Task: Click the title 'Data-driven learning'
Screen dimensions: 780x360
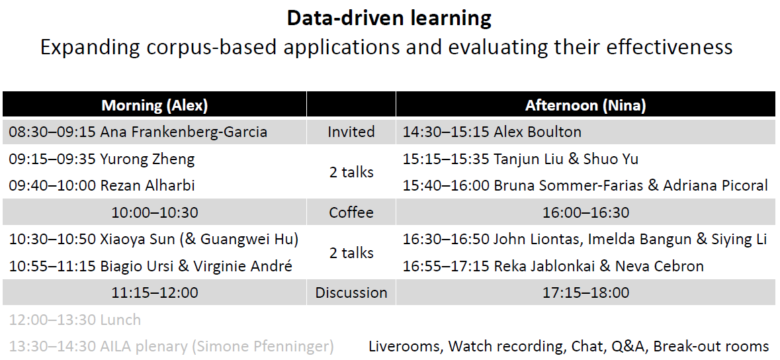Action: pos(389,19)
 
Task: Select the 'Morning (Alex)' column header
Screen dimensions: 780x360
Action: pos(155,105)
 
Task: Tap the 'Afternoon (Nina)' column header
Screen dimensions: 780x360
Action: pos(585,105)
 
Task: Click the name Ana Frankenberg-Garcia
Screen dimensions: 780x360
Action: pos(183,132)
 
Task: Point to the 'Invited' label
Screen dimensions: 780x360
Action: pos(351,132)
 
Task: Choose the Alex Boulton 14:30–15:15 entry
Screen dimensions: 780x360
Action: pos(492,132)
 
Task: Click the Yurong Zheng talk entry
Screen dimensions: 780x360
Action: pos(102,159)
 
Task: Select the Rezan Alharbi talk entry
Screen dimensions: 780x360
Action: pos(102,186)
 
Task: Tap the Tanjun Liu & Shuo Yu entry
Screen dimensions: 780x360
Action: pos(521,159)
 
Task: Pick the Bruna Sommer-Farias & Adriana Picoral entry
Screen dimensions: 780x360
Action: pos(585,186)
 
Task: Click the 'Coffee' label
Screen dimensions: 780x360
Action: pos(351,212)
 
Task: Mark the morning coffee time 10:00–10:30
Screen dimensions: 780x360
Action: pos(155,212)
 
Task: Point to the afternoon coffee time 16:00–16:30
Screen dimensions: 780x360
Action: pos(585,212)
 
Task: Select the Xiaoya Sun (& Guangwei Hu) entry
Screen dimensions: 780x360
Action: pos(153,240)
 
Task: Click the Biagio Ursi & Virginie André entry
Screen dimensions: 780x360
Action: pos(150,267)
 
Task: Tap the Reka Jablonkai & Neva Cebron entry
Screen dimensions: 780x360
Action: pos(553,267)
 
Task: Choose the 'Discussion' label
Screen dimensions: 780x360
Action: pos(351,292)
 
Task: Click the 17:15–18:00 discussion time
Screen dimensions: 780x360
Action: pos(585,292)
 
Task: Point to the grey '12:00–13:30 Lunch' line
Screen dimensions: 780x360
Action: pos(75,320)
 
